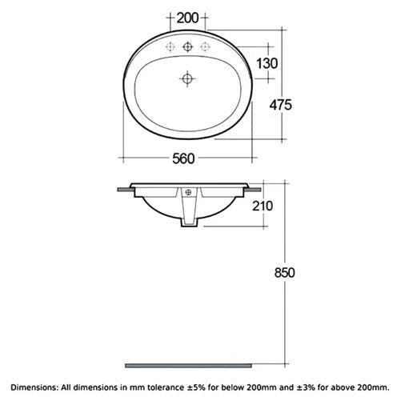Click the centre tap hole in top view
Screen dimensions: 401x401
188,46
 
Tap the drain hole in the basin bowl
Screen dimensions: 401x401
188,78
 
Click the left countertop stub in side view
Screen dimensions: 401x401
124,190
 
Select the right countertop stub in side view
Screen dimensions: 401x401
253,190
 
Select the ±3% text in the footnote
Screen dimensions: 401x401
308,387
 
